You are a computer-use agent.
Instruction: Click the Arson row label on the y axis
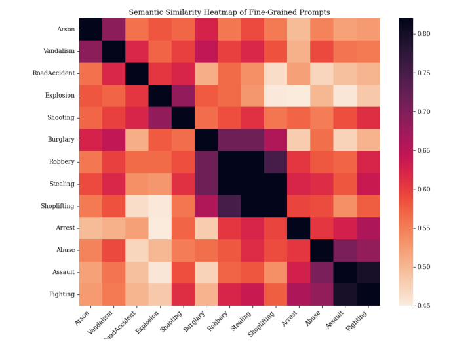pyautogui.click(x=65, y=30)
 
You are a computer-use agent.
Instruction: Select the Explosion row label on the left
pyautogui.click(x=60, y=96)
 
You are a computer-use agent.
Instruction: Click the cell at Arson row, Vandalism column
pyautogui.click(x=113, y=30)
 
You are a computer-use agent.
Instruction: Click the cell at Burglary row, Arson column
pyautogui.click(x=90, y=140)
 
